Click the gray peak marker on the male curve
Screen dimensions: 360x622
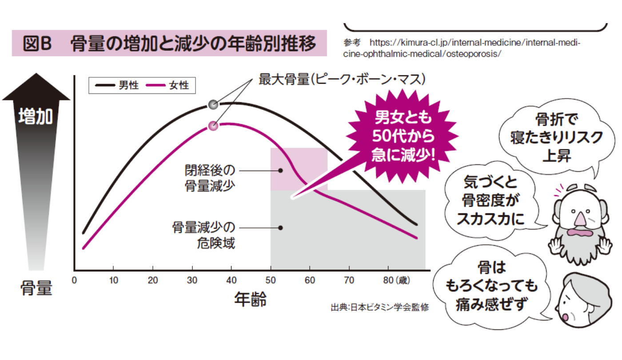point(213,105)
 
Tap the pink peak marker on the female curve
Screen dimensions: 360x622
point(213,126)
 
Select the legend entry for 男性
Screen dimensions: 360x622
point(118,85)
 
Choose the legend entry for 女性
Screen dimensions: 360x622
point(169,85)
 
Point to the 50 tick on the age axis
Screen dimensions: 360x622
point(271,280)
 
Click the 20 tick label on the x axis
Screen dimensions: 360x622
point(153,280)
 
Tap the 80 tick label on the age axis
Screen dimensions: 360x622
point(388,280)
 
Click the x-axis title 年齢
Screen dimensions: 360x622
point(251,300)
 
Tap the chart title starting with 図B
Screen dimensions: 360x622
point(169,44)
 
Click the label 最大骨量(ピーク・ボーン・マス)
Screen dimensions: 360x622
point(342,80)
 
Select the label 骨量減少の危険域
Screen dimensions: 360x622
point(204,235)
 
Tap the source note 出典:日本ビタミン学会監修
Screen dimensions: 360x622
point(380,307)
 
